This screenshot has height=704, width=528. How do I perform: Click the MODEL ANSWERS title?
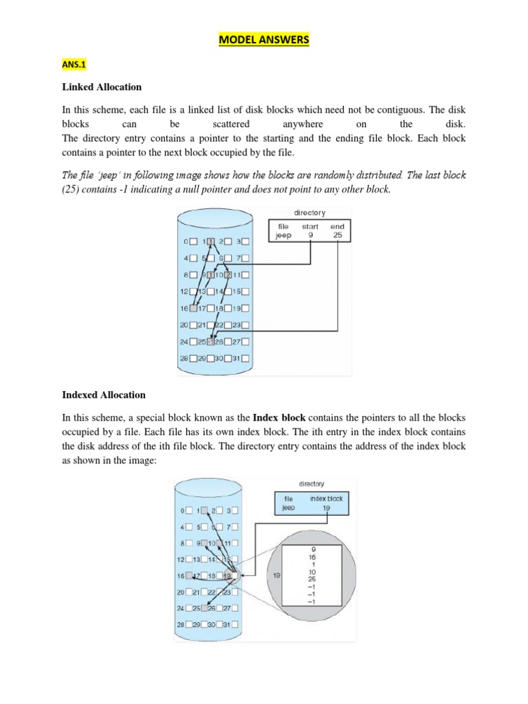[264, 41]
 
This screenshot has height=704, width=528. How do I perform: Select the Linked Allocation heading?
[102, 87]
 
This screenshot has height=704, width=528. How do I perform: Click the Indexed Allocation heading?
[104, 395]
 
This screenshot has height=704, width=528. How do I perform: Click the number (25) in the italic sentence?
[72, 189]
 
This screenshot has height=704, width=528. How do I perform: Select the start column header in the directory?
[310, 225]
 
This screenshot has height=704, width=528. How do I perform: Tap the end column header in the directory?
[338, 225]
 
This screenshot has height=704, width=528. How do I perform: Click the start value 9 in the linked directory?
[311, 235]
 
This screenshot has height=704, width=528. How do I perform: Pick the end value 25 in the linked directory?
[338, 235]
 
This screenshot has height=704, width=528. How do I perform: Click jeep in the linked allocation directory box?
[283, 235]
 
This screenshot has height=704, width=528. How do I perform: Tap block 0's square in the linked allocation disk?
[193, 241]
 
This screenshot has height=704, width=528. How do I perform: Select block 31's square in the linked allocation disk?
[246, 357]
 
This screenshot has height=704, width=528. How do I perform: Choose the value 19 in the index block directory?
[327, 508]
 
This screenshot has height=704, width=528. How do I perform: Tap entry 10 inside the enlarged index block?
[313, 572]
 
